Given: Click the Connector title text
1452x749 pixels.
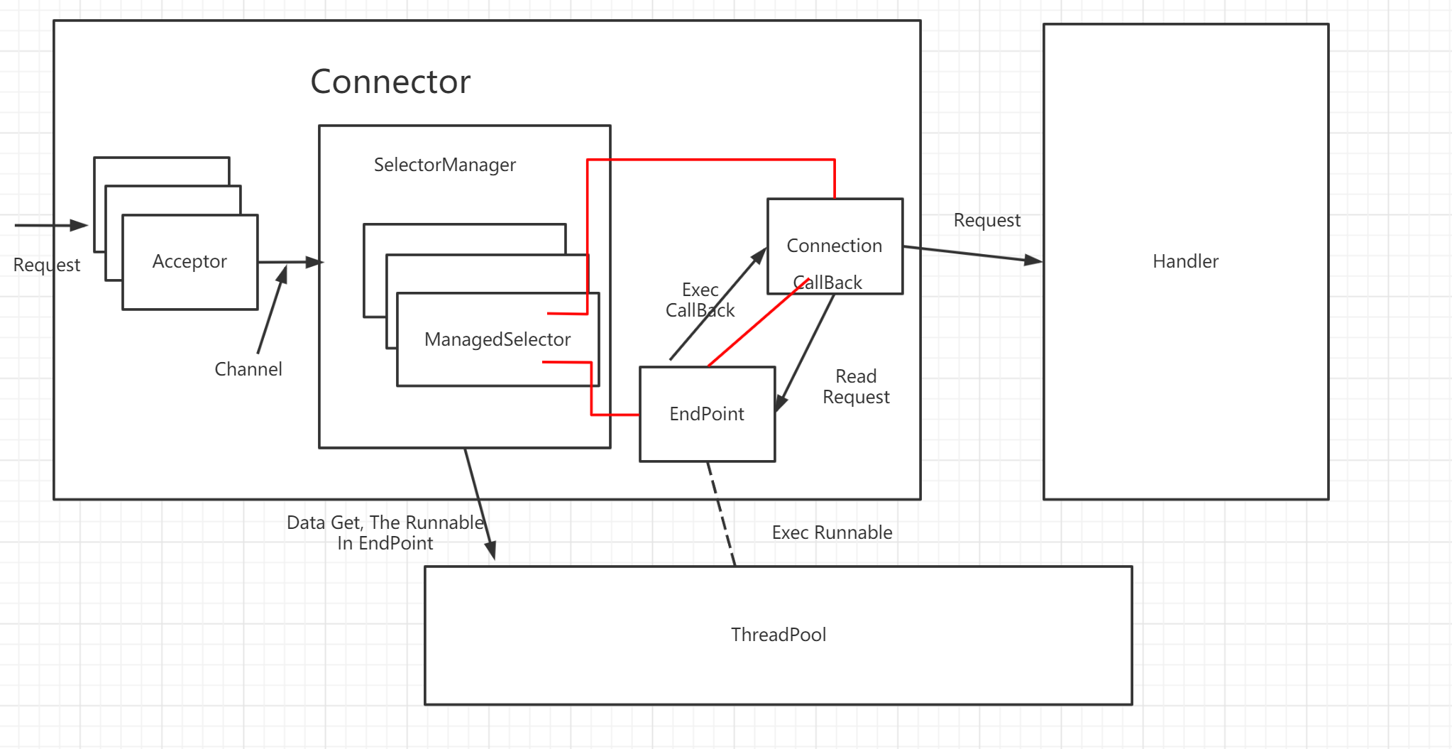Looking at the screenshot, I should click(390, 82).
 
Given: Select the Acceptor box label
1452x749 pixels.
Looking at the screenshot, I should click(189, 261).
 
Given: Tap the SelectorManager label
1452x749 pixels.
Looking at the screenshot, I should click(444, 165).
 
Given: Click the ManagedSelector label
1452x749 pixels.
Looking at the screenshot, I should click(497, 339).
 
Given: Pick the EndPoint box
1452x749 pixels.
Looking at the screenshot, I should click(707, 414).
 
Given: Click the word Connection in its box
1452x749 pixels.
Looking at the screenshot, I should click(834, 246).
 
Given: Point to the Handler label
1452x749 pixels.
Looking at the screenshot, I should click(1185, 261).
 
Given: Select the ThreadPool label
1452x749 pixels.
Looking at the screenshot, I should click(779, 635).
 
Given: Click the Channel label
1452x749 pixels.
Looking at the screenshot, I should click(248, 369).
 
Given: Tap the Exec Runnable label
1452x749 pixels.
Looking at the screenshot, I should click(832, 532).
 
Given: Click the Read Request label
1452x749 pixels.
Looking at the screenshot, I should click(856, 387).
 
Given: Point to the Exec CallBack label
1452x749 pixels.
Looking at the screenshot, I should click(700, 300).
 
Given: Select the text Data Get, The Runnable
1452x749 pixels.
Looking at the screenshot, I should click(385, 523).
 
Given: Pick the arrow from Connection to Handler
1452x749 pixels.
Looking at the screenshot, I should click(972, 254).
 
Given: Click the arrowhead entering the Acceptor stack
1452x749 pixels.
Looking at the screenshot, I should click(79, 226).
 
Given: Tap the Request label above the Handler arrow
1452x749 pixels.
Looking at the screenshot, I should click(986, 220).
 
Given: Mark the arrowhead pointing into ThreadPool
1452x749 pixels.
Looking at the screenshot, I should click(490, 551).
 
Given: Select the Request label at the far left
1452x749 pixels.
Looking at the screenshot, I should click(47, 265).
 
